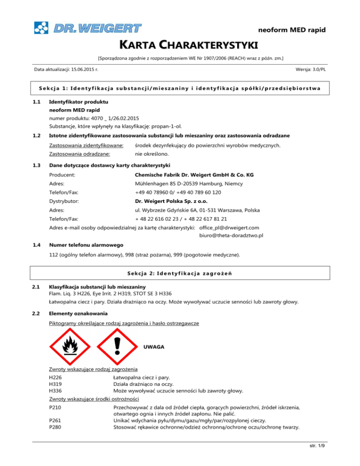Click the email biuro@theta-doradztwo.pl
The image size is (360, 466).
click(231, 235)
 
